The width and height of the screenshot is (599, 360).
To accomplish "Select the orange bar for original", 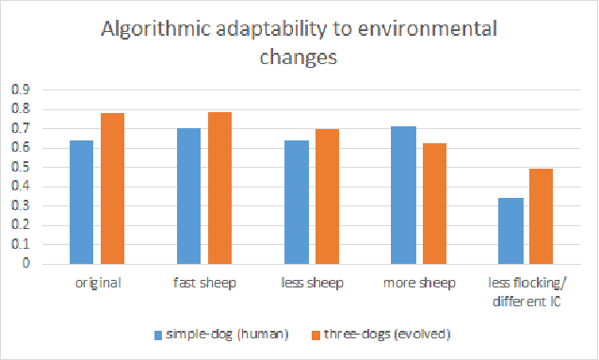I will pos(113,188).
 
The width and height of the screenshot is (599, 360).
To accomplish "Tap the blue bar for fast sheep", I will pos(189,196).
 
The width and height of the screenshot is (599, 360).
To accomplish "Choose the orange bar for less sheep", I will pos(328,196).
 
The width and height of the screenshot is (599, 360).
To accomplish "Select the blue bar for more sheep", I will pos(404,195).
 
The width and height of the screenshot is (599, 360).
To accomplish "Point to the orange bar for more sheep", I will pos(435,204).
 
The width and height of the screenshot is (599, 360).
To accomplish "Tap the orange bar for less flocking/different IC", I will pos(542,217).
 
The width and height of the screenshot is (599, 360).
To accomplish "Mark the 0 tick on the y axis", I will pos(24,264).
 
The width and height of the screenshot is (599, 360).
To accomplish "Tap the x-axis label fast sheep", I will pos(204,282).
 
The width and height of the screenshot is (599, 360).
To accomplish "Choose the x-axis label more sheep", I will pos(419,282).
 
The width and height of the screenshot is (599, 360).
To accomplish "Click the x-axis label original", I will pos(97,282).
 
